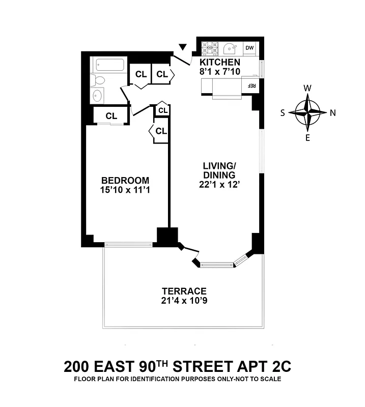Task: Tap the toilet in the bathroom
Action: pyautogui.click(x=98, y=79)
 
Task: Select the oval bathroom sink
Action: pyautogui.click(x=98, y=95)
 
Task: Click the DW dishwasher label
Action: pyautogui.click(x=249, y=48)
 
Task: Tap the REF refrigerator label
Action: pyautogui.click(x=251, y=85)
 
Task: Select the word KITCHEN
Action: pyautogui.click(x=219, y=63)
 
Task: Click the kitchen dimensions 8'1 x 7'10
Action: pyautogui.click(x=219, y=72)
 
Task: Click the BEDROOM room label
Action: pyautogui.click(x=125, y=180)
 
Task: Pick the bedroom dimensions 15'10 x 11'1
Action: pyautogui.click(x=125, y=190)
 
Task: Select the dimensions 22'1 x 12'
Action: pyautogui.click(x=219, y=185)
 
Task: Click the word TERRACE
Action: pyautogui.click(x=184, y=291)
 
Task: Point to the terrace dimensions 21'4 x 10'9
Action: pyautogui.click(x=184, y=301)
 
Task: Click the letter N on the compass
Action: pyautogui.click(x=332, y=113)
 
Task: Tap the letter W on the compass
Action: pyautogui.click(x=307, y=88)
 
